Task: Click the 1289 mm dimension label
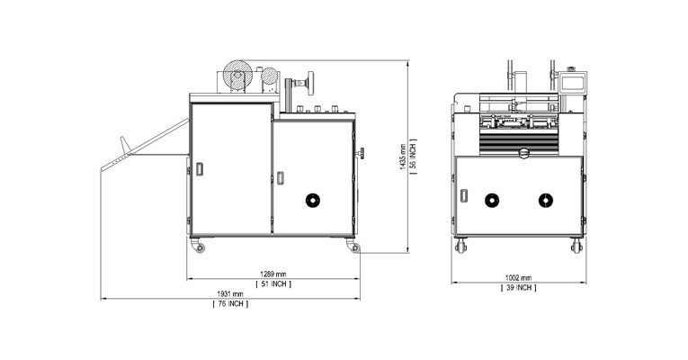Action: coord(273,274)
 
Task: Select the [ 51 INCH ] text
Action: coord(273,284)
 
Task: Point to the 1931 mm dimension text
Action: coord(230,294)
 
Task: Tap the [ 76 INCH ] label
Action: coord(230,304)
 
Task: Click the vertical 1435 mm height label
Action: coord(403,157)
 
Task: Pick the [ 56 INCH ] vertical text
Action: coord(413,157)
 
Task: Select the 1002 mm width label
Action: coord(518,278)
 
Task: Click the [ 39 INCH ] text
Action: coord(519,288)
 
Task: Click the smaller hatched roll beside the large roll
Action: coord(270,76)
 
